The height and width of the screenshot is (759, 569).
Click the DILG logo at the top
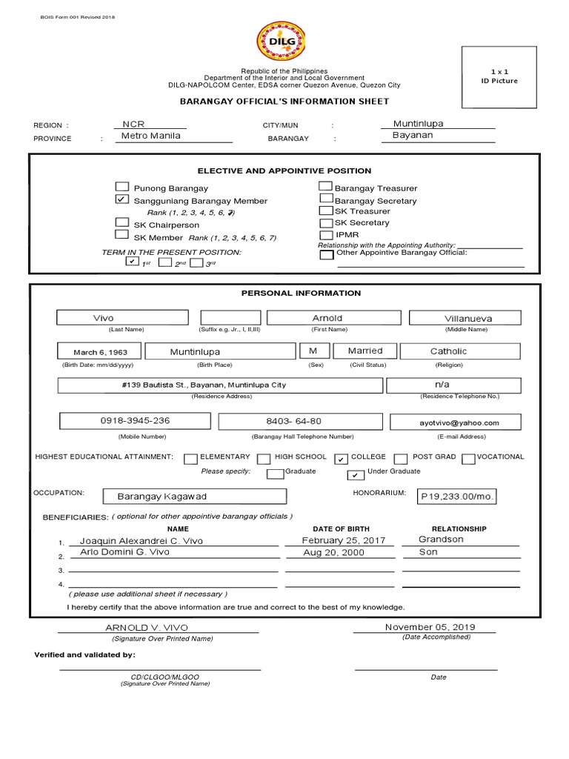pos(279,42)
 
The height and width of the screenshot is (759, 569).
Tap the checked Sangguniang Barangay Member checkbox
pos(122,200)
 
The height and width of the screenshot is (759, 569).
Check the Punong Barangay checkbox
pos(122,187)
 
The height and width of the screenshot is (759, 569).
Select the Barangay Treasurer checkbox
pos(325,187)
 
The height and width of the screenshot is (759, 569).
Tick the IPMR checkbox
pos(325,234)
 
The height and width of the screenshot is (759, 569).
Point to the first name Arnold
pos(327,318)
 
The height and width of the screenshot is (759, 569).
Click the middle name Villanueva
pos(467,318)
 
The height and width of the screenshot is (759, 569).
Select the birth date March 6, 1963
pos(99,352)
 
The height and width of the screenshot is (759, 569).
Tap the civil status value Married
pos(366,351)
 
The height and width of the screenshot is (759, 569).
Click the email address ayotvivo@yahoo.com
pos(465,422)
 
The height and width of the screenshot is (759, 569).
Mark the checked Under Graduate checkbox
pos(356,474)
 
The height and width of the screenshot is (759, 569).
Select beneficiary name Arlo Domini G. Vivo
pos(119,552)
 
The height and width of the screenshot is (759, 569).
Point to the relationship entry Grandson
pos(441,539)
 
